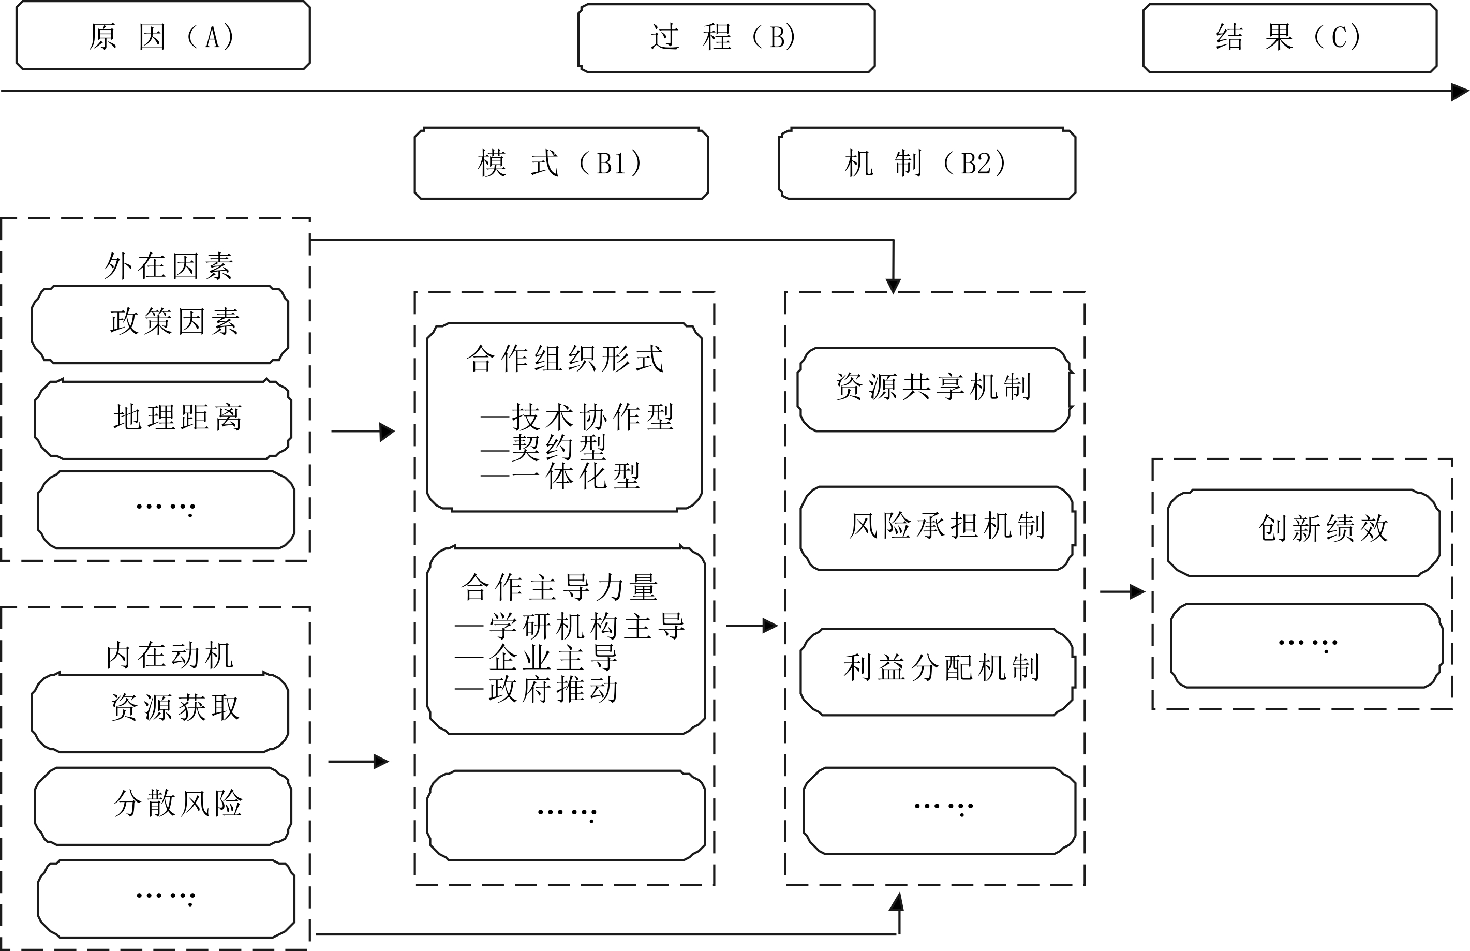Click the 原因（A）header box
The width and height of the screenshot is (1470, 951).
click(162, 36)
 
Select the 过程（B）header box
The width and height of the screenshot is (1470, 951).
click(726, 38)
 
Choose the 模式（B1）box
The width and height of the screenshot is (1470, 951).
click(560, 164)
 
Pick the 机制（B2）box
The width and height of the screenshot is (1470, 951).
click(927, 164)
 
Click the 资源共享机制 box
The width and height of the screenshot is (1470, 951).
click(933, 389)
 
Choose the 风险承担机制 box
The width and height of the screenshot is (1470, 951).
click(937, 528)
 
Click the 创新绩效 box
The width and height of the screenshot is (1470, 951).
click(1303, 532)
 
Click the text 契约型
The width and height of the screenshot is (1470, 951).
click(559, 447)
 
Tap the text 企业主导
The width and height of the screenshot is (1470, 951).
click(553, 658)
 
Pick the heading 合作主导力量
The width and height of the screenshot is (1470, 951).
click(559, 587)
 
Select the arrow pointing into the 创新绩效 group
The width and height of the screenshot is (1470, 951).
click(1124, 591)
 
